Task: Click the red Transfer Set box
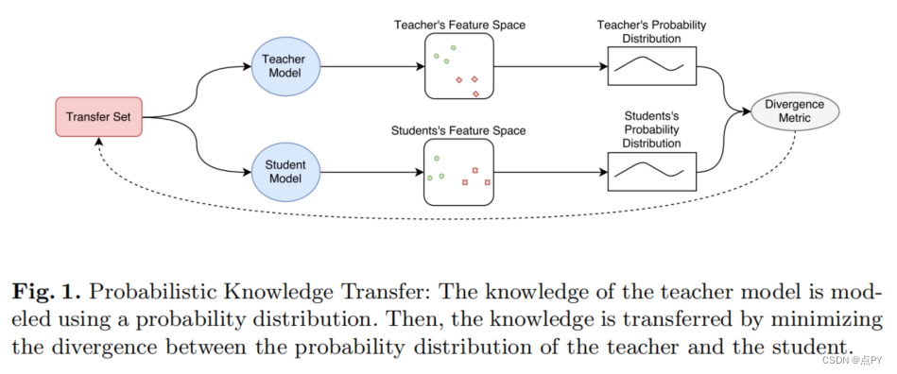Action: click(98, 117)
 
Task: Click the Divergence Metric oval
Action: click(795, 110)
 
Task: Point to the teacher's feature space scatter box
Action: click(458, 67)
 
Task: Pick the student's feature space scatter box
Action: click(458, 172)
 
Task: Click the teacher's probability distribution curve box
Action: click(651, 67)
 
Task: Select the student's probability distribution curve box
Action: click(651, 172)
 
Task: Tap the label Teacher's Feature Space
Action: click(459, 24)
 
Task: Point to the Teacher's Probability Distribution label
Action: click(651, 31)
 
